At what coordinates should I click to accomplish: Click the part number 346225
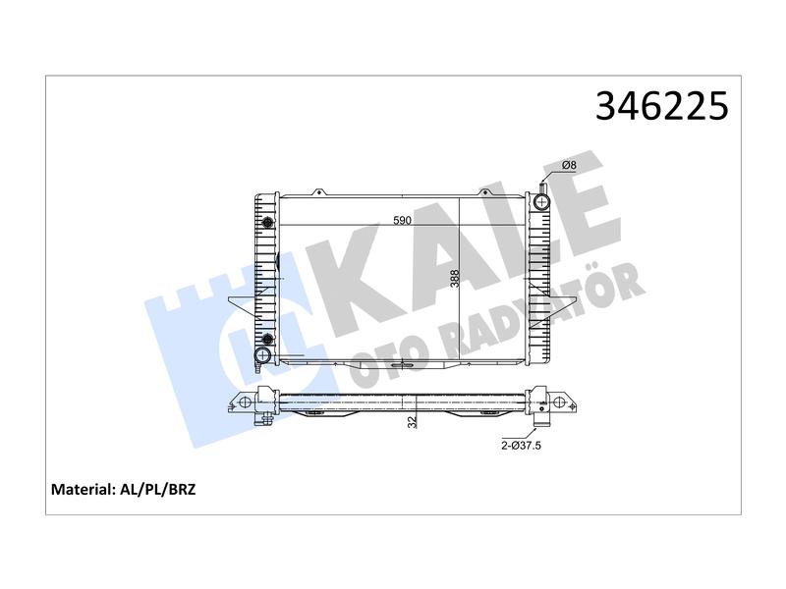[x=661, y=106]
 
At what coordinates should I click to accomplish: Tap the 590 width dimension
[x=402, y=220]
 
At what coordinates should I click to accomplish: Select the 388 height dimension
[x=455, y=279]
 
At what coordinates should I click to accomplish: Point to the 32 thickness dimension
[x=412, y=422]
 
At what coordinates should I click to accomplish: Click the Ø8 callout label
[x=570, y=165]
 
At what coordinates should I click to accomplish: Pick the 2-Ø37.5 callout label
[x=522, y=446]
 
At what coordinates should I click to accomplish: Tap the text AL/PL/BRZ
[x=158, y=489]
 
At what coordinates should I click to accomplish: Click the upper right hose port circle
[x=541, y=202]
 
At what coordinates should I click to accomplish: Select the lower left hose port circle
[x=262, y=355]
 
